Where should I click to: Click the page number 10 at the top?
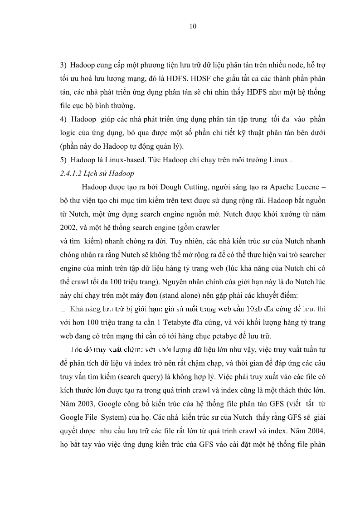coord(193,26)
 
